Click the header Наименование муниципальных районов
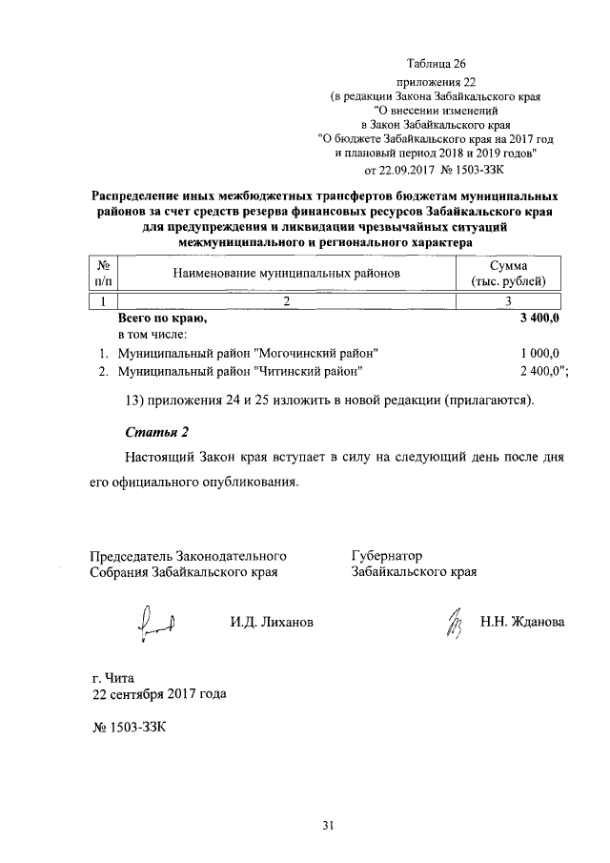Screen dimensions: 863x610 click(x=285, y=274)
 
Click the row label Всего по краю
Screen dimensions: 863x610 click(x=162, y=318)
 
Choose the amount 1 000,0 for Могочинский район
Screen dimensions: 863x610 click(x=539, y=353)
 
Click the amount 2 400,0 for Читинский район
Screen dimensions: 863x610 click(x=539, y=371)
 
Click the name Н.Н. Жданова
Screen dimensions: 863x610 click(x=522, y=623)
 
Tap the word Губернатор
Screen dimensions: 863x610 click(x=386, y=555)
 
